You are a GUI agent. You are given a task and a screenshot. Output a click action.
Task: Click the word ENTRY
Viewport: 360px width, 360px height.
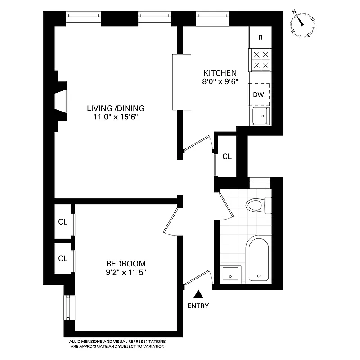coord(198,306)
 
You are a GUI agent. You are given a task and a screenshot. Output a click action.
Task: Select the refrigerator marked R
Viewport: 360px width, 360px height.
coord(261,37)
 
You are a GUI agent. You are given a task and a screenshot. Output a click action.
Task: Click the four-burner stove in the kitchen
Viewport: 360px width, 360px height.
coord(261,60)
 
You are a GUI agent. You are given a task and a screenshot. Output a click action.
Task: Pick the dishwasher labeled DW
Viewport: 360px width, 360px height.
coord(259,94)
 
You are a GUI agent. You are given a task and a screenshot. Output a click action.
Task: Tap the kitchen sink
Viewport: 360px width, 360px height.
coord(260,116)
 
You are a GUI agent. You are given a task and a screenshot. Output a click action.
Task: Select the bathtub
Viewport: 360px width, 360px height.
coord(257,260)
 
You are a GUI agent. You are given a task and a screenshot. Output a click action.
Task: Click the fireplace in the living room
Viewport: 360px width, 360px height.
coord(60,101)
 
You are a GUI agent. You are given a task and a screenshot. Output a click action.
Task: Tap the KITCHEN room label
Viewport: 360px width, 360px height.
coord(220,73)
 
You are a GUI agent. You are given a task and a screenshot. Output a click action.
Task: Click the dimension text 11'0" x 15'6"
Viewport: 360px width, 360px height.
coord(116,117)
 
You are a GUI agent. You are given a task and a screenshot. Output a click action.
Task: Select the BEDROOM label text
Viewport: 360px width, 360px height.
coord(126,264)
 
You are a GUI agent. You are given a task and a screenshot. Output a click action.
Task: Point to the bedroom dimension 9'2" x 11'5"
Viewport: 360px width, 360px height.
coord(126,272)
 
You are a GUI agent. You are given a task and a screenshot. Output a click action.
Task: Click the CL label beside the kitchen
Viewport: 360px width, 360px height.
coord(227,157)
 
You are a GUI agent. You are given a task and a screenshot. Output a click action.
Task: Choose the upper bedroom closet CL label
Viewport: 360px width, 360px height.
coord(63,222)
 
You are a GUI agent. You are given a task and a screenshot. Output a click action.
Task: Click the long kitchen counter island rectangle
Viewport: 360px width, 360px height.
coord(182,82)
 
